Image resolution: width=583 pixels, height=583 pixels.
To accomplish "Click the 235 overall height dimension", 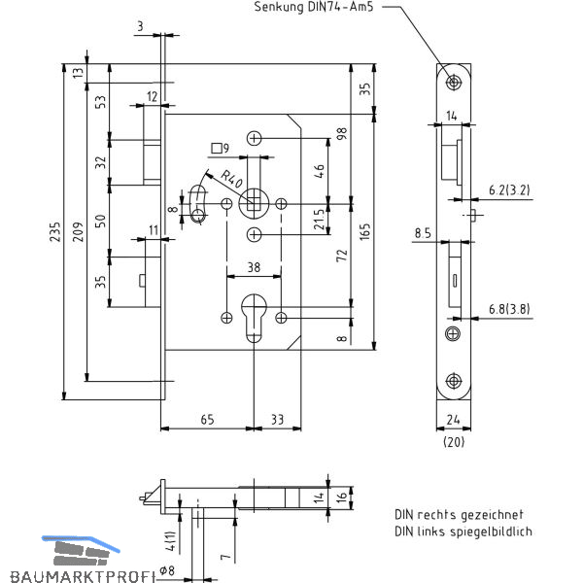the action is tap(55, 232).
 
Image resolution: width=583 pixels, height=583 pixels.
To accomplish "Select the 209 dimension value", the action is tap(78, 232).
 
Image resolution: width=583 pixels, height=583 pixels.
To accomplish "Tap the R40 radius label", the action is tap(231, 179).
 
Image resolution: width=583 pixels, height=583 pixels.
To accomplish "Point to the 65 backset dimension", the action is tap(207, 420).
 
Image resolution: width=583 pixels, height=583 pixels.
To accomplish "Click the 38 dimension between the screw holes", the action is tap(254, 267).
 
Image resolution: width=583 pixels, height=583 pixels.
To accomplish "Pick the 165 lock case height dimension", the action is tap(365, 231).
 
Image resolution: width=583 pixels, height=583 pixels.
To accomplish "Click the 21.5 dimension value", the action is tap(320, 220).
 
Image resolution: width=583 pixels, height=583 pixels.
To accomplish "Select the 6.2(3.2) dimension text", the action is tap(509, 190).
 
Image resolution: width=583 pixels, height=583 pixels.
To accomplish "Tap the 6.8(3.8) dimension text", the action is tap(509, 309).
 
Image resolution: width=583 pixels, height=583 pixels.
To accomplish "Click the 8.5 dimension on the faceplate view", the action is tap(423, 233).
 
